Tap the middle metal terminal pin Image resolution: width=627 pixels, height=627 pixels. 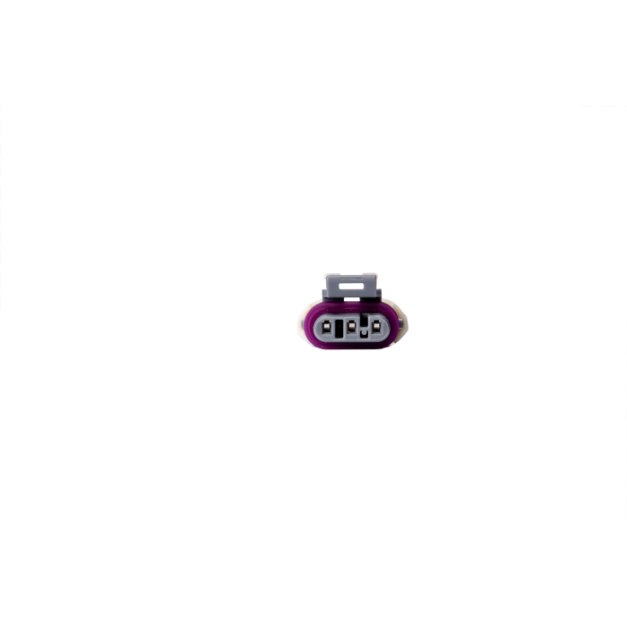(353, 327)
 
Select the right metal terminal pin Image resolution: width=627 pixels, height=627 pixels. (375, 326)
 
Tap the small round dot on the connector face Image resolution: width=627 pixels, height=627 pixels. (365, 333)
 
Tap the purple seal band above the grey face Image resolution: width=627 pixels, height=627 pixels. (351, 307)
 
